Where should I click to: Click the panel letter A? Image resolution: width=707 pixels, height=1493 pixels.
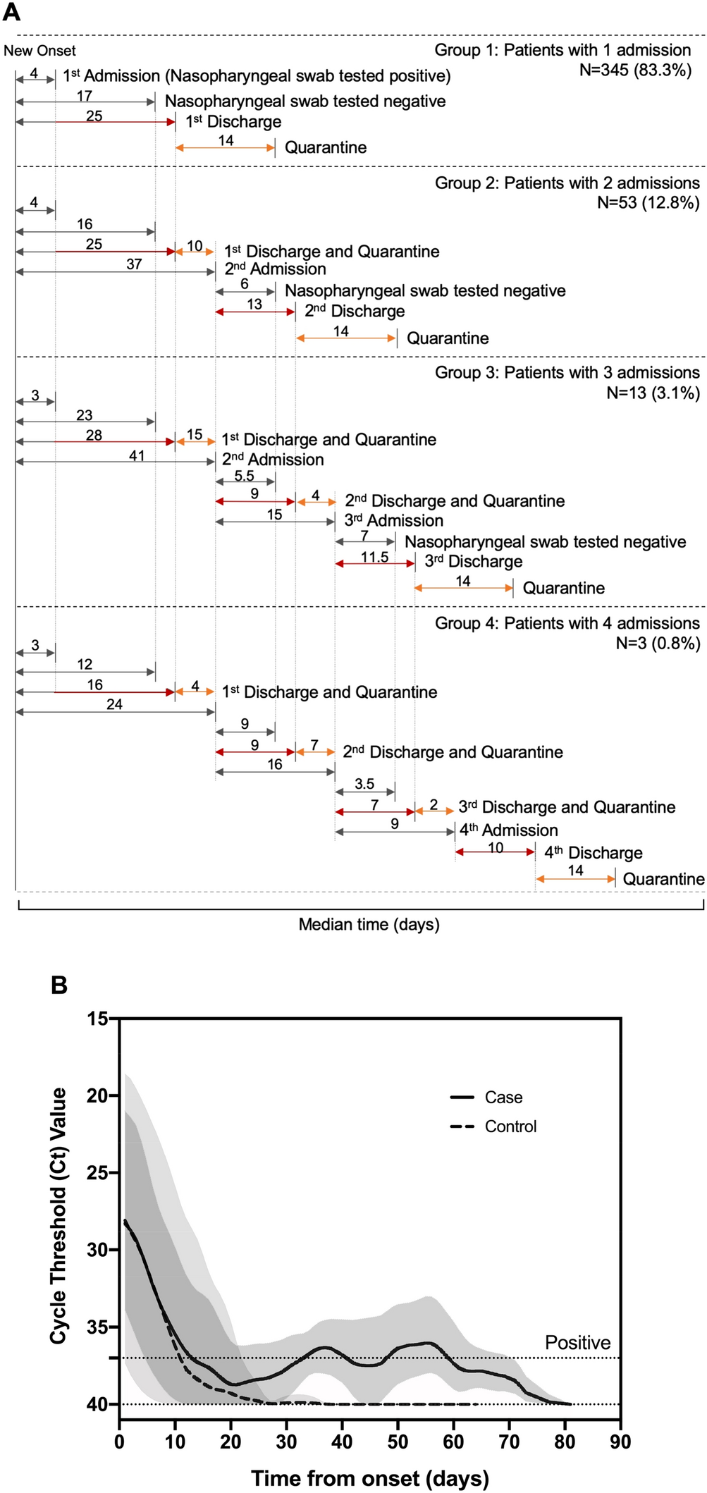12,12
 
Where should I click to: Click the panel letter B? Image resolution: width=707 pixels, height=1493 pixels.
59,984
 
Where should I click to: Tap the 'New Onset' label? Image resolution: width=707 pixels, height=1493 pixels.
39,51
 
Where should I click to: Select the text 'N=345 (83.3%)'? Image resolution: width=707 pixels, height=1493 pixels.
635,70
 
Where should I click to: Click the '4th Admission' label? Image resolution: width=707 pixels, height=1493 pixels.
508,830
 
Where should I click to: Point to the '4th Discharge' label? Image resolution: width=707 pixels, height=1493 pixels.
593,852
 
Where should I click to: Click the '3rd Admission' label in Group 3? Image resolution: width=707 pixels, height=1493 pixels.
393,521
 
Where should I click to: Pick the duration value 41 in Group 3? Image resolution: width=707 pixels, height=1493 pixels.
137,456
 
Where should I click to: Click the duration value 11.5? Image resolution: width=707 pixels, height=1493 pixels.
374,558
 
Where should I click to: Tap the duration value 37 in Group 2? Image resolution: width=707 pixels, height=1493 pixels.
134,264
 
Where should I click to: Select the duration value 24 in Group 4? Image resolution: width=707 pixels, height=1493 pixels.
114,704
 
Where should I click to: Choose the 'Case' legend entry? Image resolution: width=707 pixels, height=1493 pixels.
503,1098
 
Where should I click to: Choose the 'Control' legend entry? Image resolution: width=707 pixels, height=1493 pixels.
510,1126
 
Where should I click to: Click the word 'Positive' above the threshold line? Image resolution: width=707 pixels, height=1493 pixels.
577,1343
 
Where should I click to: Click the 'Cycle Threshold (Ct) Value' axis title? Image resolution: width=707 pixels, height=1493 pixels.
59,1215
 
